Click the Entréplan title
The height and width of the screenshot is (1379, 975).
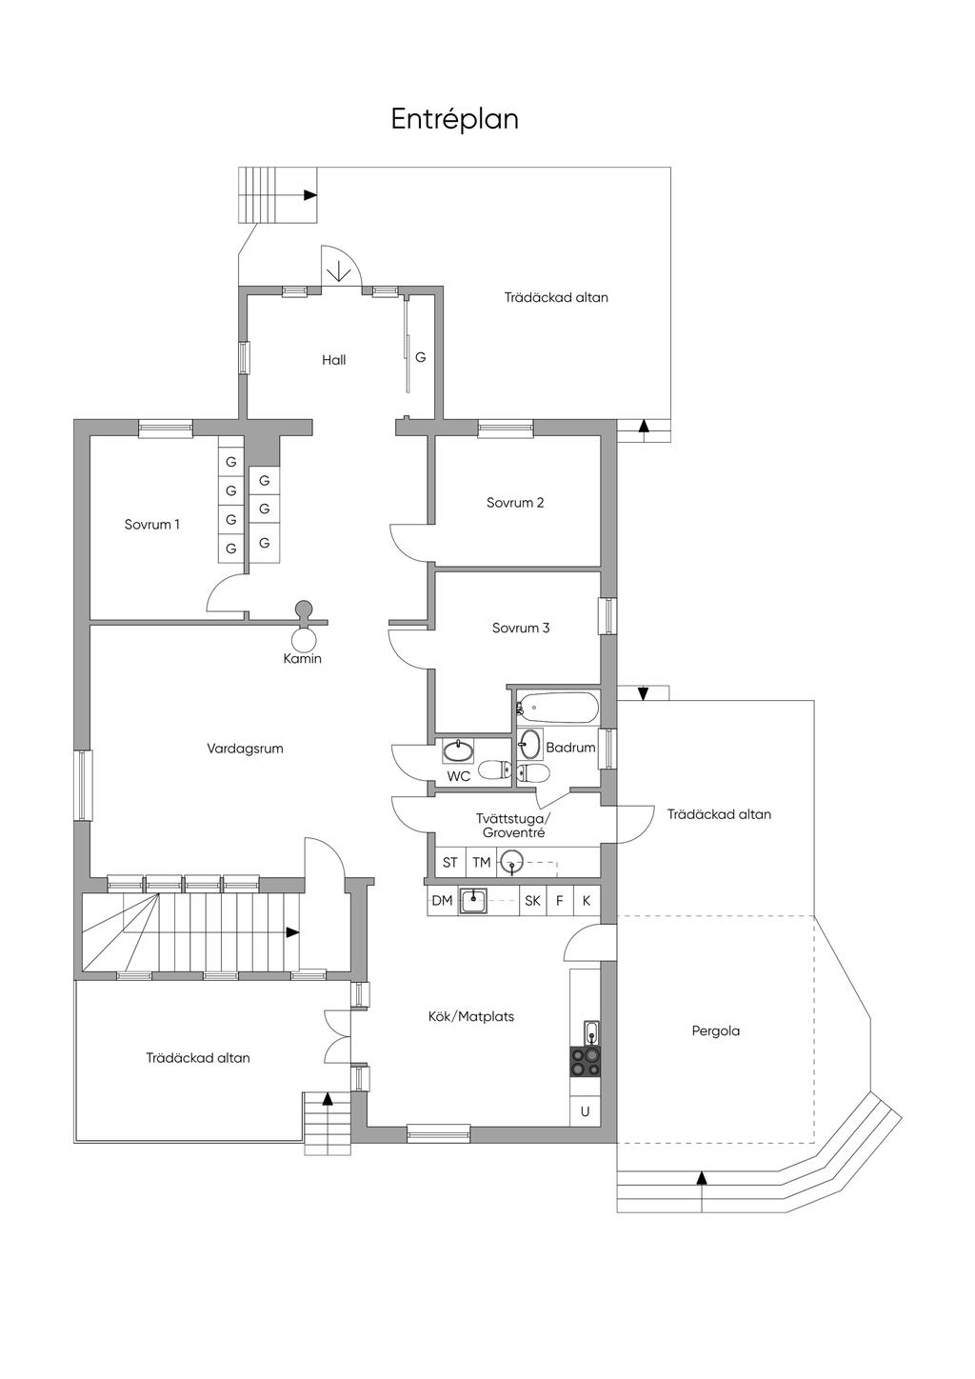[x=454, y=120]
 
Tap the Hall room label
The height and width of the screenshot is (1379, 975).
[x=333, y=360]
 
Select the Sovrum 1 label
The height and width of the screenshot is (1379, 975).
[x=152, y=524]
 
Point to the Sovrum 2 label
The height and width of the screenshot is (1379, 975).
[x=515, y=503]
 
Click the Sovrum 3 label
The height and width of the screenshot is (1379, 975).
[x=521, y=628]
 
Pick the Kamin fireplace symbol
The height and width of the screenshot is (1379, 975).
[x=304, y=633]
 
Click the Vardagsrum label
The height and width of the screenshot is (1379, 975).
[x=245, y=749]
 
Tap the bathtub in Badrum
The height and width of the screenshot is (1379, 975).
[x=559, y=709]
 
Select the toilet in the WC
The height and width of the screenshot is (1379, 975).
[x=493, y=769]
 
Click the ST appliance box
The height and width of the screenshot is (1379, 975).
[x=450, y=863]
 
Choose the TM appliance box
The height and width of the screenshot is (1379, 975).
[x=482, y=863]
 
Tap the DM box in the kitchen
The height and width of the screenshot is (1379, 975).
[x=442, y=900]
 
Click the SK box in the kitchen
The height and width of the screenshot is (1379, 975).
[x=532, y=900]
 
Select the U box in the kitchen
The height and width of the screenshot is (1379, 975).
[x=585, y=1110]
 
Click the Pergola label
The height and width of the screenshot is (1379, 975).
[x=716, y=1030]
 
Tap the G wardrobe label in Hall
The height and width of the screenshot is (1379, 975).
[x=420, y=357]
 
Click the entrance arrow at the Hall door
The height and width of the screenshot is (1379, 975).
[x=338, y=271]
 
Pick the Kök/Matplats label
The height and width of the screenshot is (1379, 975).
[x=471, y=1017]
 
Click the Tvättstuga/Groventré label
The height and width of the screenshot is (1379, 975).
[x=513, y=826]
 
